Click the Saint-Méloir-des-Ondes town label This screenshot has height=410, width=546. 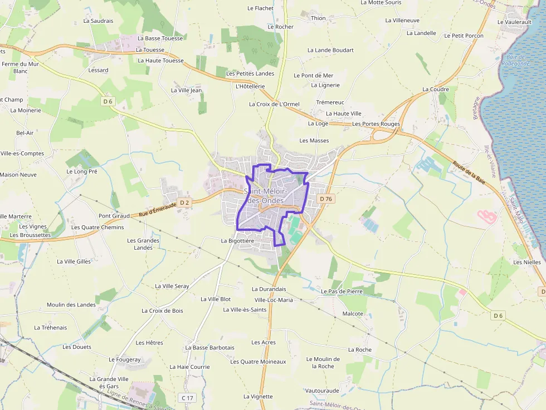click(265, 196)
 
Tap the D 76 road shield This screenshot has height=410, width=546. click(326, 199)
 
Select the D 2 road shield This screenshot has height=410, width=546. click(185, 202)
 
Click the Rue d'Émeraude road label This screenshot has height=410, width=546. click(157, 209)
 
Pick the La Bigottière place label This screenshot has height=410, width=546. click(237, 241)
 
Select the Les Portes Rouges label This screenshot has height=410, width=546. click(376, 124)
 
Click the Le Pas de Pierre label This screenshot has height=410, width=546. click(342, 291)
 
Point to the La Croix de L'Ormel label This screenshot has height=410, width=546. click(274, 104)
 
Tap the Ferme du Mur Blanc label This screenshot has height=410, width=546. click(21, 67)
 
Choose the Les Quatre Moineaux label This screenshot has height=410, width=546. click(258, 362)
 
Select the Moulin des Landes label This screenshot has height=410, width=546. click(71, 304)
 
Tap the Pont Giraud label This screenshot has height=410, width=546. click(114, 216)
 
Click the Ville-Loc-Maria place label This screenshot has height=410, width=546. click(274, 300)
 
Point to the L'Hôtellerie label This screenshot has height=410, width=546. click(250, 86)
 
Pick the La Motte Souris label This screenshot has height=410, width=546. click(381, 3)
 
